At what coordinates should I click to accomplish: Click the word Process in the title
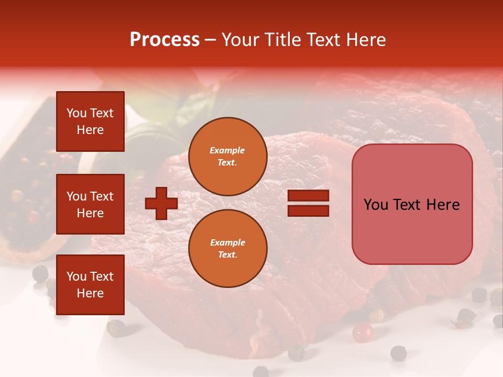pos(165,39)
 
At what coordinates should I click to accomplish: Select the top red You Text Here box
pos(90,121)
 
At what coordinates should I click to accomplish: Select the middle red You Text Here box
pos(90,204)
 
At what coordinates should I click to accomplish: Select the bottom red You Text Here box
pos(90,285)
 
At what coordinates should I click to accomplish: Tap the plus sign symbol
pos(161,204)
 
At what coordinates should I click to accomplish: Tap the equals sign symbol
pos(308,204)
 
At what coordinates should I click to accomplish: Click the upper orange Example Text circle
pos(227,157)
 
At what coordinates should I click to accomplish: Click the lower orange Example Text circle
pos(227,248)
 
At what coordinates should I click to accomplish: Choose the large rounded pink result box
pos(412,204)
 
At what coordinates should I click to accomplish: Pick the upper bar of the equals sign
pos(308,196)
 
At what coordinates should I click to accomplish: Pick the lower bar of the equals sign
pos(308,211)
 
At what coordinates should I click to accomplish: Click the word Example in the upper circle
pos(227,150)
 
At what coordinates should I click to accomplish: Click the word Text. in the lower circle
pos(227,254)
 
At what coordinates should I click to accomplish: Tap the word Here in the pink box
pos(443,205)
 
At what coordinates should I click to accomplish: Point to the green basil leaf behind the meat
pos(139,141)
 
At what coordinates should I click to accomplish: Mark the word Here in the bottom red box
pos(90,293)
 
